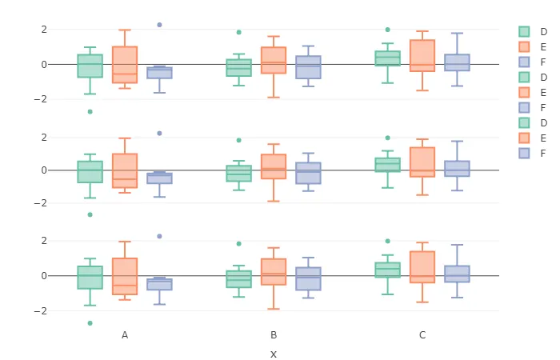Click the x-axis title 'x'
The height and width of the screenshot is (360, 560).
(x=274, y=354)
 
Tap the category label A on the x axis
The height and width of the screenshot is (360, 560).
(x=125, y=334)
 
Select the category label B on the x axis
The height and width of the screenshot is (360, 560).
(x=274, y=334)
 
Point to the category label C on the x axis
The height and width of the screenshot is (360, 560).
(x=422, y=334)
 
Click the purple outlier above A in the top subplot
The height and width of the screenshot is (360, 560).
(x=159, y=25)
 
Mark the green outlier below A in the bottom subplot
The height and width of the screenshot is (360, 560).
(x=90, y=323)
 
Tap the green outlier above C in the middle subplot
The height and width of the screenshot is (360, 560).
(x=388, y=138)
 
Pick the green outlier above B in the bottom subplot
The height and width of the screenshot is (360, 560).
(x=238, y=243)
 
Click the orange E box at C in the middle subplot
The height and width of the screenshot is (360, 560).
(x=422, y=162)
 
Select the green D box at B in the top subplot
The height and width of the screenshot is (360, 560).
(x=238, y=68)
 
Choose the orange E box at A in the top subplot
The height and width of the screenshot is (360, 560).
(x=125, y=64)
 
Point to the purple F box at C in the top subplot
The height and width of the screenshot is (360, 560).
(x=457, y=62)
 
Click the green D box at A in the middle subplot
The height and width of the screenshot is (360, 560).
(x=90, y=172)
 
